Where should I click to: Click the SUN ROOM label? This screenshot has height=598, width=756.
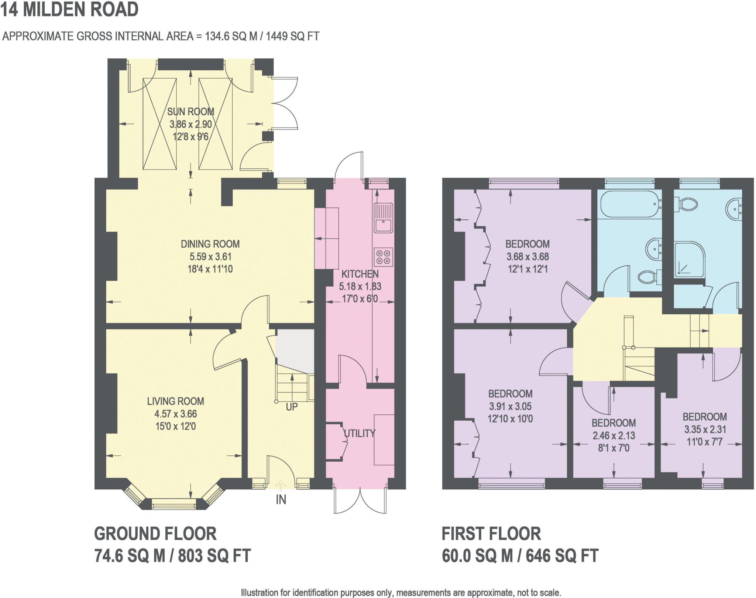[x=190, y=112]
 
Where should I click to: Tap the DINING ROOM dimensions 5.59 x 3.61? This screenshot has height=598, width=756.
[x=210, y=257]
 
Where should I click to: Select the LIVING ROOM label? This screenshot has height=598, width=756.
[x=175, y=401]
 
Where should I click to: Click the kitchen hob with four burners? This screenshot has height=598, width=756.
[x=383, y=257]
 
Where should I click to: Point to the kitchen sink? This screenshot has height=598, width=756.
[x=384, y=218]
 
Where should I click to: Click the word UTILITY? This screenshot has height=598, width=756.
[x=360, y=433]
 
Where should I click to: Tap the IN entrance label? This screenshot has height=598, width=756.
[x=281, y=500]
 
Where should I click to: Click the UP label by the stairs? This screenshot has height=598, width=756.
[x=292, y=407]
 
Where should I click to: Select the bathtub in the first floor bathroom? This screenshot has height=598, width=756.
[x=629, y=204]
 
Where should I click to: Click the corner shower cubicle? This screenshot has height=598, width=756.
[x=689, y=259]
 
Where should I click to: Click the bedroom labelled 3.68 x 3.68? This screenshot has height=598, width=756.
[x=528, y=256]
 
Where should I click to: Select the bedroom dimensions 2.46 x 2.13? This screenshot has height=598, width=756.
[x=614, y=435]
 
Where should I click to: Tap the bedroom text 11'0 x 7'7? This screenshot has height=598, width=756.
[x=704, y=442]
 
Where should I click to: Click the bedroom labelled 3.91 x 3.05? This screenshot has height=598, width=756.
[x=510, y=406]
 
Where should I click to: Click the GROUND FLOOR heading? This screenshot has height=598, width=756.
[x=155, y=534]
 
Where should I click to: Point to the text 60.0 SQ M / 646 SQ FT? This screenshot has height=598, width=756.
[x=520, y=556]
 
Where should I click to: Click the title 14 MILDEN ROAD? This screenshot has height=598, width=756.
[x=69, y=9]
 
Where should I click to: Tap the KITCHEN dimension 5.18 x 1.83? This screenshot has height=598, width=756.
[x=360, y=287]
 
